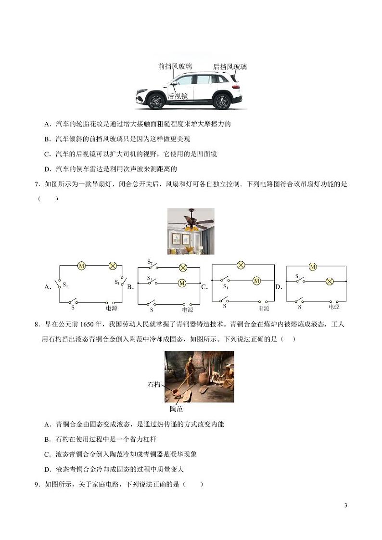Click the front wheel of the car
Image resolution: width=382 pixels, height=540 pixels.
[156, 102]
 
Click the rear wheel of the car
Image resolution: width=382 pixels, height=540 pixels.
[222, 102]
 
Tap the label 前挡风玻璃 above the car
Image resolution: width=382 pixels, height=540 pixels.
[175, 66]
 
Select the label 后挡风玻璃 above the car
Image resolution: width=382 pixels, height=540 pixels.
[230, 66]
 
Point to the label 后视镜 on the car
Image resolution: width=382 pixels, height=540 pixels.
[178, 96]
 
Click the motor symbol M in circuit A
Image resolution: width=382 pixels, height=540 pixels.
[82, 265]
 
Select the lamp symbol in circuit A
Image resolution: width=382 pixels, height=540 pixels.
[113, 265]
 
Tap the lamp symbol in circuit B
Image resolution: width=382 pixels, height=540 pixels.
[182, 268]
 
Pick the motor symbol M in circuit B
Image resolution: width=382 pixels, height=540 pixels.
[182, 283]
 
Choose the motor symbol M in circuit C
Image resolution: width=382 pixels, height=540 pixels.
[256, 281]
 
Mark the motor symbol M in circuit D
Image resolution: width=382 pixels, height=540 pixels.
[313, 267]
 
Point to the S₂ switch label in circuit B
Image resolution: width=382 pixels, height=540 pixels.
[150, 262]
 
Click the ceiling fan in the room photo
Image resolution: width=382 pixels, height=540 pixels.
[191, 221]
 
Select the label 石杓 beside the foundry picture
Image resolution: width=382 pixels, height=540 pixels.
[154, 385]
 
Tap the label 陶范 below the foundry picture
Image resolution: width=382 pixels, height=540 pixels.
[176, 409]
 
